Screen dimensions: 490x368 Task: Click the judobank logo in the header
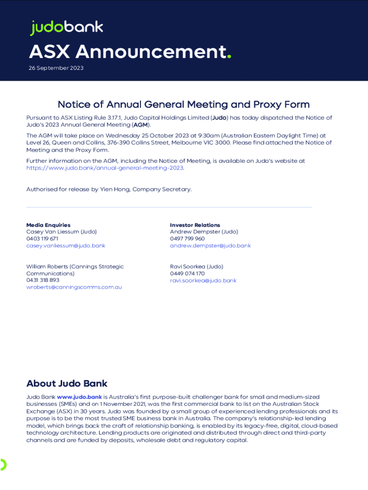click(x=66, y=28)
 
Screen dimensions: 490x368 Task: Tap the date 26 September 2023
click(x=56, y=68)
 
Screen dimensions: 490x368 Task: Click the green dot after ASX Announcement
click(x=229, y=56)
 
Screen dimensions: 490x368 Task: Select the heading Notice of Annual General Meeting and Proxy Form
click(x=184, y=104)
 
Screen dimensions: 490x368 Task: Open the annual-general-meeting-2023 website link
click(x=105, y=168)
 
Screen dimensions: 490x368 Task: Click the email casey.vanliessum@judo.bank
click(x=65, y=245)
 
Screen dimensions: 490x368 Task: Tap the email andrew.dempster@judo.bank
click(x=210, y=245)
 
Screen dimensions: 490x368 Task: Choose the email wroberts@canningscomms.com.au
click(x=74, y=287)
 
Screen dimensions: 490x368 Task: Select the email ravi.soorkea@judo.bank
click(x=203, y=280)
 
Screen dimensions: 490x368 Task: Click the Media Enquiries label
click(x=48, y=225)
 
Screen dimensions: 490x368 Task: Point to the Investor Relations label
click(x=195, y=225)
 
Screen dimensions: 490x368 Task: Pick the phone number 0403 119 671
click(x=43, y=239)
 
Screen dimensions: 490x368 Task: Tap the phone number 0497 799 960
click(x=187, y=239)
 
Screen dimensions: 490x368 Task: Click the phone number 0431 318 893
click(x=43, y=280)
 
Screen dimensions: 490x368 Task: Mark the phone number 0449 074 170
click(x=187, y=274)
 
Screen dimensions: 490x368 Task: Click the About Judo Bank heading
click(x=67, y=383)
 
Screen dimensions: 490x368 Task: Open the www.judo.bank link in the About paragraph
click(x=79, y=397)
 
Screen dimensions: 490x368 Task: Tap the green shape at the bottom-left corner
click(x=3, y=464)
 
